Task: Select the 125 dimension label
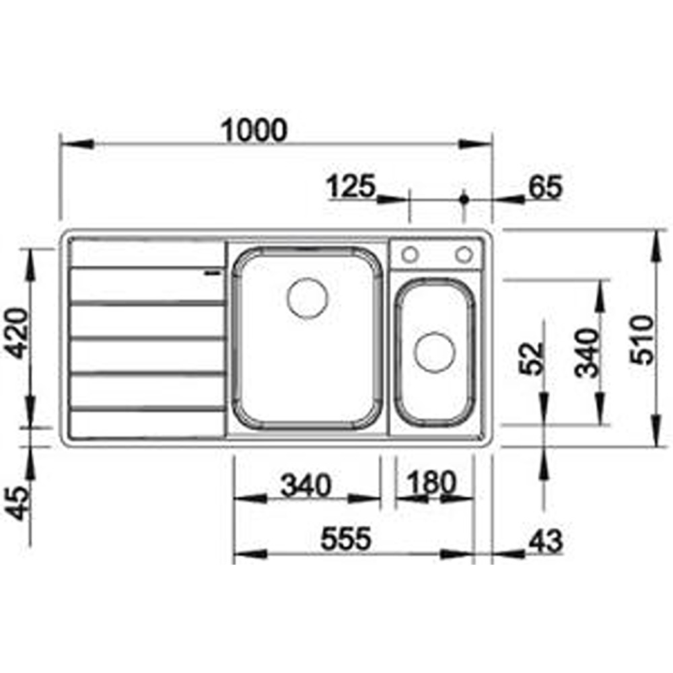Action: tap(351, 186)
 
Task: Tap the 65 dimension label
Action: tap(544, 187)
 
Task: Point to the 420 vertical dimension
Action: tap(18, 333)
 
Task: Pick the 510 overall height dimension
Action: tap(643, 339)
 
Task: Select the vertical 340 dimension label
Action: tap(586, 353)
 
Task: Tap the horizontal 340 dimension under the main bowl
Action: tap(306, 485)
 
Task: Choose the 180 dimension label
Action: tap(431, 483)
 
